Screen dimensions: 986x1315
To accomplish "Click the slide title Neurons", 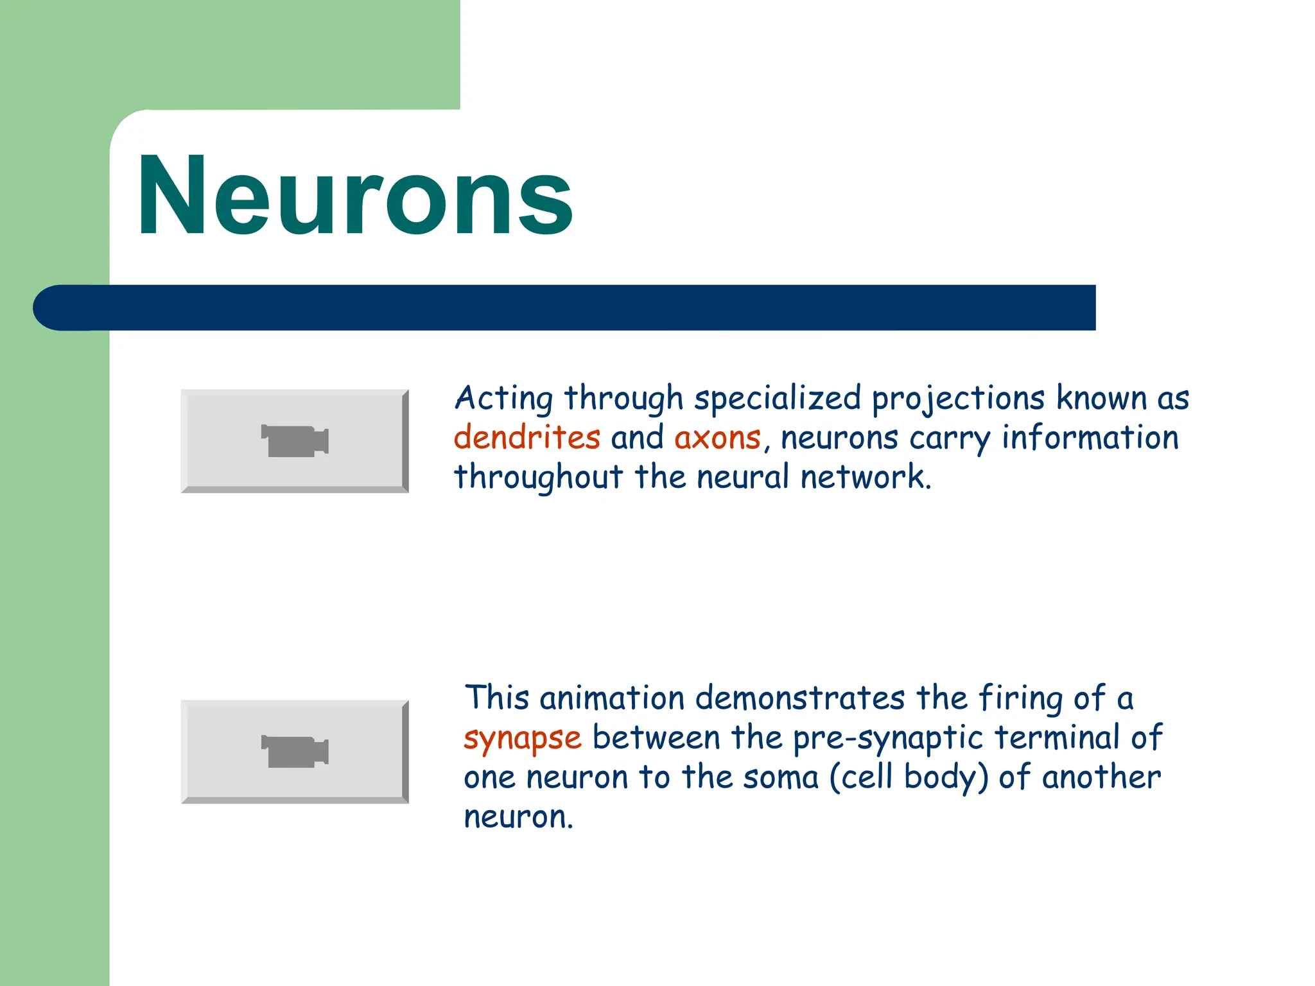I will coord(355,197).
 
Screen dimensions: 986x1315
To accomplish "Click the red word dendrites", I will coord(527,438).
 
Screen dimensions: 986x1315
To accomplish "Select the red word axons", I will coord(717,438).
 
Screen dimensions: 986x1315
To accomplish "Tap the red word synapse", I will coord(523,738).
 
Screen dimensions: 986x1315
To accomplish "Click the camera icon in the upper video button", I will coord(295,441).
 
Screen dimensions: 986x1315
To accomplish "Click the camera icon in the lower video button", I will coord(295,752).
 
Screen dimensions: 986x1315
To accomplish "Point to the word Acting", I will coord(503,399).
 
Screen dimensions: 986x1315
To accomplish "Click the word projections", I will coord(958,399).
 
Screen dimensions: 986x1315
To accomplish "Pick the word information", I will coord(1090,438).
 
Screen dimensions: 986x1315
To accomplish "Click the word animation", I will coord(612,698).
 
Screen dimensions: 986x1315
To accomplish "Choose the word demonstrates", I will coord(800,698).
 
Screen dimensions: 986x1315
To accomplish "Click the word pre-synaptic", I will coord(888,738).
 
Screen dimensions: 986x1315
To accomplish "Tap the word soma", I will coord(781,777).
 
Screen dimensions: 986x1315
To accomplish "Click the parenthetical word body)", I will coord(946,777).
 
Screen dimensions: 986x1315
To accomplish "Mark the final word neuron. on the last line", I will coord(518,817).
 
